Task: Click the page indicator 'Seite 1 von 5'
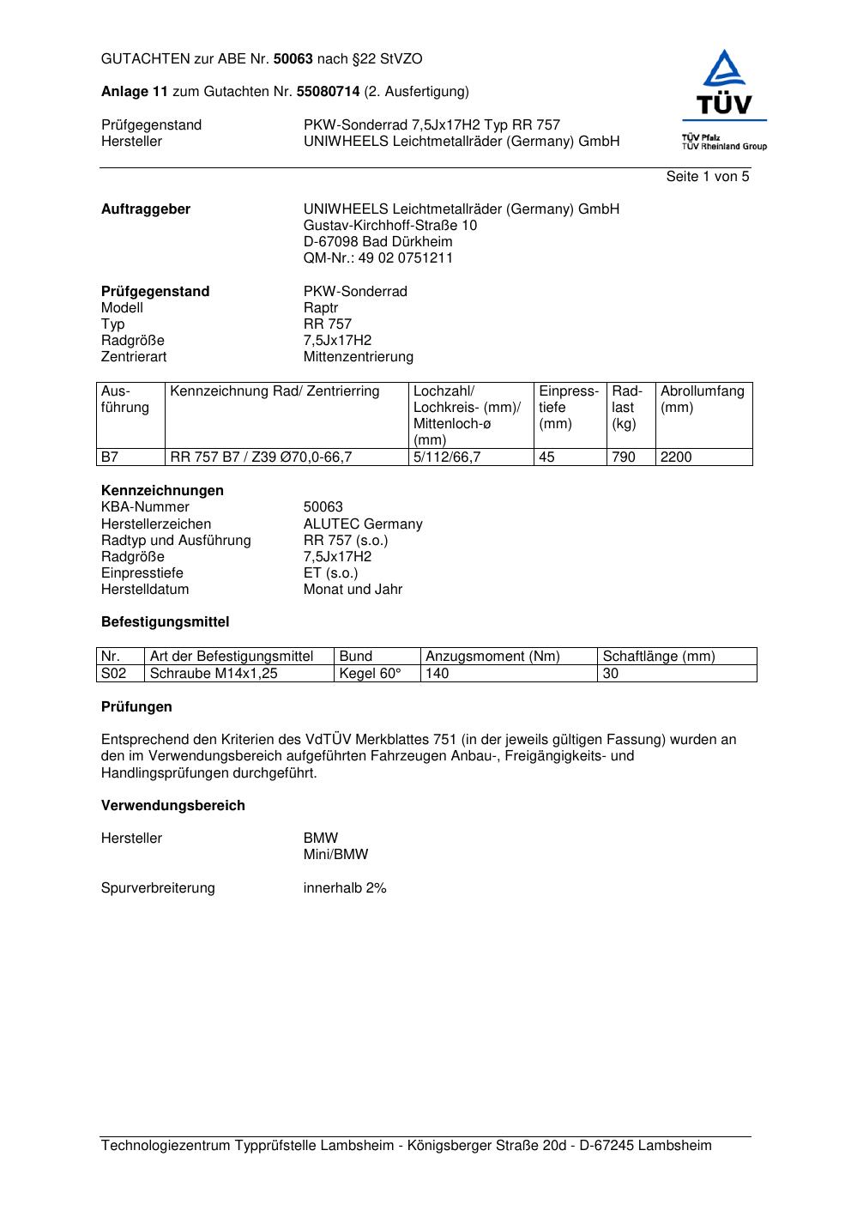[x=707, y=177]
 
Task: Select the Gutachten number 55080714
[x=328, y=92]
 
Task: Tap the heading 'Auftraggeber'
[x=146, y=209]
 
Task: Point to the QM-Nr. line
[x=378, y=258]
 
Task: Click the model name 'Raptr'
[x=321, y=308]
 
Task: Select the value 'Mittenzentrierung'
[x=358, y=357]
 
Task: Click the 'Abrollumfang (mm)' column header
[x=703, y=400]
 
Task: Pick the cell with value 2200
[x=676, y=457]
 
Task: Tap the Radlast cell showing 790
[x=624, y=457]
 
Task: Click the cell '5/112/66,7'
[x=447, y=457]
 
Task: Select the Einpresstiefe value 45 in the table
[x=546, y=457]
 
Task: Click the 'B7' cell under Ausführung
[x=110, y=457]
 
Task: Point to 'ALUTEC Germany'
[x=363, y=524]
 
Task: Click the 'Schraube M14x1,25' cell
[x=214, y=674]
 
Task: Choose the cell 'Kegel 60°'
[x=371, y=674]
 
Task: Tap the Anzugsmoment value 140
[x=438, y=674]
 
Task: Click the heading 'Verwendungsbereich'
[x=173, y=806]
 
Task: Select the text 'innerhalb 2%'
[x=345, y=888]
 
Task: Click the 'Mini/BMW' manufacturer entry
[x=335, y=855]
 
